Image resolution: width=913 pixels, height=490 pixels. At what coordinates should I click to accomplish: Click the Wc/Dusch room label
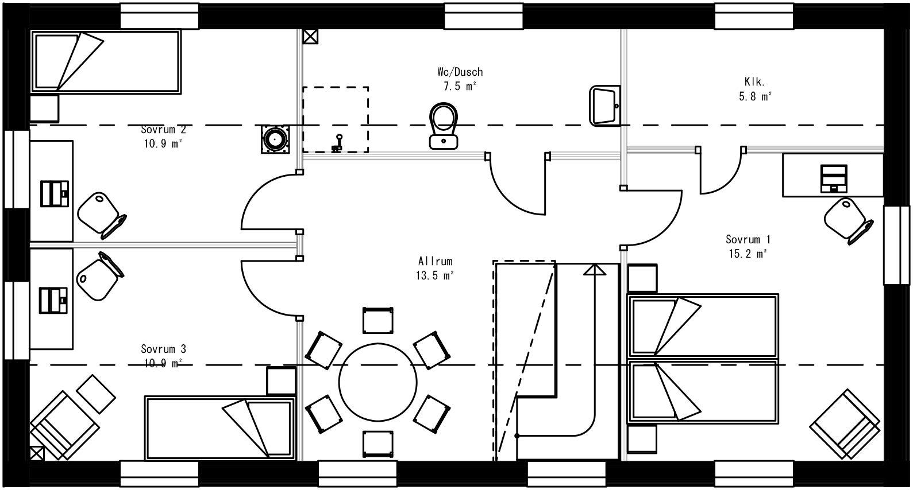pos(459,72)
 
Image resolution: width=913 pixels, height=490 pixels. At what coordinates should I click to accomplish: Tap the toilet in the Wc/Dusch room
pos(443,126)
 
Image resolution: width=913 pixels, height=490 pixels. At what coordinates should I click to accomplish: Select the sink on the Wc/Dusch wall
pos(605,106)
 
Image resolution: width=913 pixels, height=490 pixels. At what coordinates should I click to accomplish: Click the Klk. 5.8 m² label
pos(754,89)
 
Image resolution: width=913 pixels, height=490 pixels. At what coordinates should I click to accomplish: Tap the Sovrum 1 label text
pos(748,240)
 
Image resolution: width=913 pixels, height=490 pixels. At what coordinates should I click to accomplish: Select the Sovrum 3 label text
pos(163,349)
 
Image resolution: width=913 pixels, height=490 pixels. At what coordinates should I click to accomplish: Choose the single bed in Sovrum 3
pos(220,427)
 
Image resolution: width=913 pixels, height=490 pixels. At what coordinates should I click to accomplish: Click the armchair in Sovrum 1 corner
pos(845,425)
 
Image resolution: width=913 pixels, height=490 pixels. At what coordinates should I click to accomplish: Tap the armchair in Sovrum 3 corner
pos(63,425)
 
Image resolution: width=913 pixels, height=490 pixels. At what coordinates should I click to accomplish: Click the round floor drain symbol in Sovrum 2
pos(275,139)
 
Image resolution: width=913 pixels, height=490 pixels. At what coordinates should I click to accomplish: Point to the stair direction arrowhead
pos(595,270)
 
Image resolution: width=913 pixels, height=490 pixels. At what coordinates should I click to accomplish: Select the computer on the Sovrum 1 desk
pos(833,177)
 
